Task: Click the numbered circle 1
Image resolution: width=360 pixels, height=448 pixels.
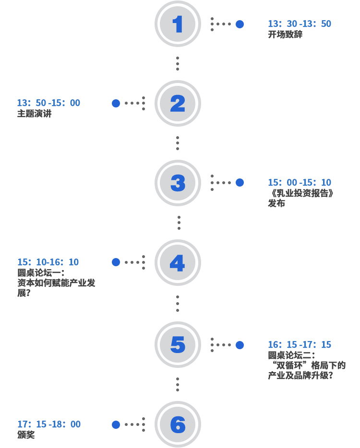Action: tap(178, 24)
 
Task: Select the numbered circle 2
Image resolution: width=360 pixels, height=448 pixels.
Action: tap(178, 103)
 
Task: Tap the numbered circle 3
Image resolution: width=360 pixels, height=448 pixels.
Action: tap(178, 183)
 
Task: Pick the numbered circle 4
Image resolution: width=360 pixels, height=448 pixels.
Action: tap(178, 262)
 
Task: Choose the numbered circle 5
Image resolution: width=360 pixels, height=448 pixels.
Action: tap(178, 344)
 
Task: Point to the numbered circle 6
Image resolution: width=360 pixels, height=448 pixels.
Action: tap(178, 424)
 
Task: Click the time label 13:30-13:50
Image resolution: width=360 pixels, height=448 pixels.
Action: tap(299, 24)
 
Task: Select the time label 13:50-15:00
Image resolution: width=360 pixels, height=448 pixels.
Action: tap(48, 103)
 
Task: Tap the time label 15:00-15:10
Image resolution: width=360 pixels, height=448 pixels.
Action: tap(299, 183)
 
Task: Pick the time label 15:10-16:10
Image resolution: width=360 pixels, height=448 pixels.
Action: tap(48, 262)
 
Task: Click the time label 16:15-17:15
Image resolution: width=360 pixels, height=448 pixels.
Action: tap(299, 345)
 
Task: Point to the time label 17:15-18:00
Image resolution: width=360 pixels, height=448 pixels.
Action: tap(49, 424)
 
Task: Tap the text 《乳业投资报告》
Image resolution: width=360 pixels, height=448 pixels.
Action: tap(301, 193)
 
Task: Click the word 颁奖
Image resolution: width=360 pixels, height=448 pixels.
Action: tap(26, 435)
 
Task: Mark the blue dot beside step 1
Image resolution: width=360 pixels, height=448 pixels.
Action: tap(240, 24)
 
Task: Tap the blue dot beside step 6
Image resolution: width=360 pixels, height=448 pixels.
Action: tap(116, 424)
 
